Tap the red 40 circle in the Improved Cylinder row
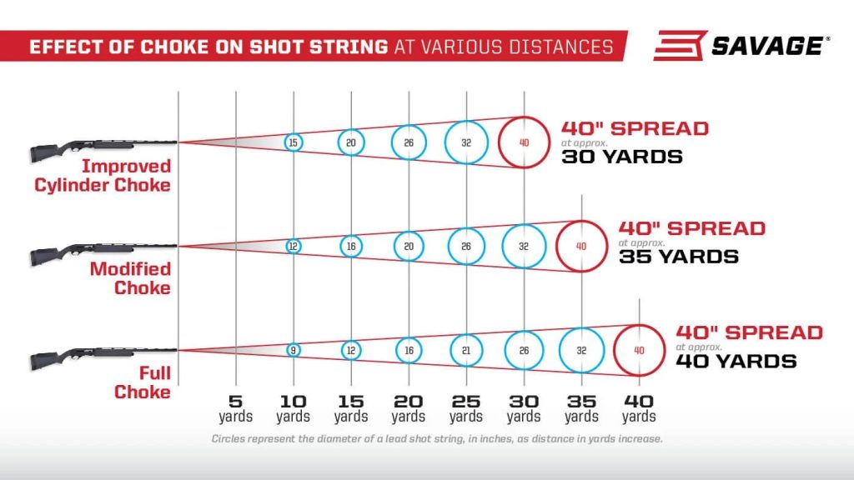pos(524,142)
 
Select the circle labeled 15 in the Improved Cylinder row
pos(293,142)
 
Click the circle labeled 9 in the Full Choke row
pos(293,350)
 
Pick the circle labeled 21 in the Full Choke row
pos(466,350)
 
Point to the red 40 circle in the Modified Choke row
pos(581,246)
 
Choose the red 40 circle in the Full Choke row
pos(639,350)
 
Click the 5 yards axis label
pos(236,407)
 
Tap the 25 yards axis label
pos(466,407)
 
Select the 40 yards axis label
pos(639,407)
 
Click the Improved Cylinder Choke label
pos(103,176)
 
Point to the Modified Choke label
pos(130,278)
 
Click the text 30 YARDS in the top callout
pos(621,157)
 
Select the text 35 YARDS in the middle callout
pos(678,257)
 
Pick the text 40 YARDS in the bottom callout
pos(736,361)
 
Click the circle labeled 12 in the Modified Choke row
pos(293,246)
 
